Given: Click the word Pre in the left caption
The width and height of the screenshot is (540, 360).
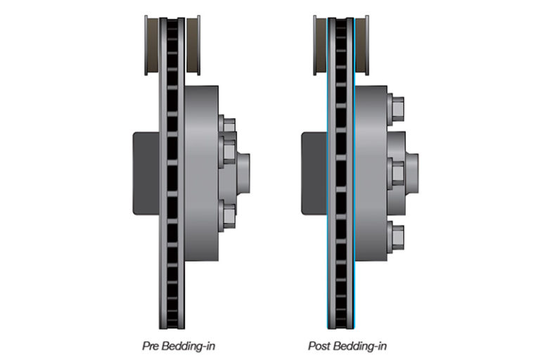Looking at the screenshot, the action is tap(150, 346).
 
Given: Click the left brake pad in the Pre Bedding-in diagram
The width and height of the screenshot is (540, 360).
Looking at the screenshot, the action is tap(152, 45).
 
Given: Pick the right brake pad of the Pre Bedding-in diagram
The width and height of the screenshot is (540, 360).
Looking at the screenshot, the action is tap(193, 45).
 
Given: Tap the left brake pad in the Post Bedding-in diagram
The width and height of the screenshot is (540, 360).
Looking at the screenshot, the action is tap(321, 45).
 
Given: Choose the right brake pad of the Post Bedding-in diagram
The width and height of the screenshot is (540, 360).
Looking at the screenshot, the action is tap(362, 45).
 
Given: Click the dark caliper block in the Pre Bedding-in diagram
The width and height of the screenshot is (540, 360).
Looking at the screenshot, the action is tap(146, 174).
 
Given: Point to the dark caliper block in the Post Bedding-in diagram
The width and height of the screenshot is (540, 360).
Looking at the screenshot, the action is tap(314, 174).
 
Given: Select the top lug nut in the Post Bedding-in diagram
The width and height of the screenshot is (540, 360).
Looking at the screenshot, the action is tap(396, 108).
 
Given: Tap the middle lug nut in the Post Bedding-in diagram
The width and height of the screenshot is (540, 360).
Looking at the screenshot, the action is tap(396, 173).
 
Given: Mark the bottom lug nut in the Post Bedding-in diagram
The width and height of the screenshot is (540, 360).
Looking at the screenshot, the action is tap(396, 238).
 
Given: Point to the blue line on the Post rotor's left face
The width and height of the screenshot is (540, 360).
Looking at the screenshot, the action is tap(327, 172).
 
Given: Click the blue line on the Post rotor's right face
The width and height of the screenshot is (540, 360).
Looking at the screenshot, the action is tap(354, 172).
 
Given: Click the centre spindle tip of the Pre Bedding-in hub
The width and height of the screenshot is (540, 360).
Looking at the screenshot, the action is tap(243, 174).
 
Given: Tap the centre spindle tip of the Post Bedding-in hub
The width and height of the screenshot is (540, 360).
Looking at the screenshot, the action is tap(412, 173).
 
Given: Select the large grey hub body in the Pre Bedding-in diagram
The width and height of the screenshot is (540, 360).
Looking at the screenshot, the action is tap(202, 173).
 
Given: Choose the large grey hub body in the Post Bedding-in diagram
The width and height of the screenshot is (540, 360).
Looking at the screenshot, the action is tap(371, 173).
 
